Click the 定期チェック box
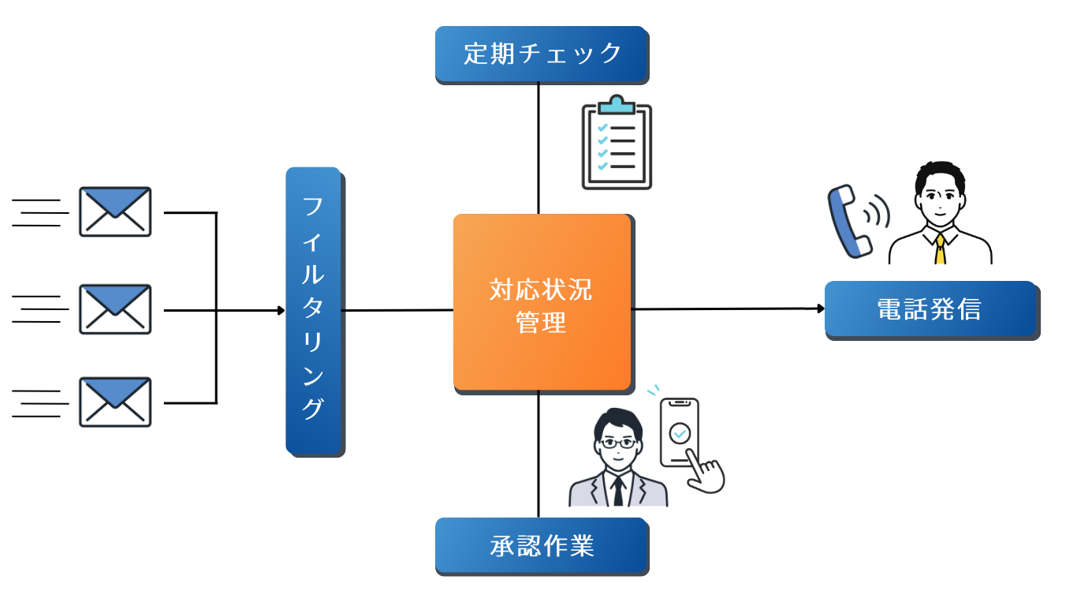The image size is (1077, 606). click(x=542, y=54)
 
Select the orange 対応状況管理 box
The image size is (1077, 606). click(x=542, y=302)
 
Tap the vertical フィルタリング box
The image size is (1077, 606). click(x=313, y=310)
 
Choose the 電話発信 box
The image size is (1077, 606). click(x=930, y=309)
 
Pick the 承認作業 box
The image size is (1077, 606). click(x=542, y=545)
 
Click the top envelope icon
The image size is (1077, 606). click(x=115, y=211)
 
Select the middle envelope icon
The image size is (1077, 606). click(x=115, y=309)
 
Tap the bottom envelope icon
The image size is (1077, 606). click(x=115, y=402)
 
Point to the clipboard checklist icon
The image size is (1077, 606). click(x=617, y=146)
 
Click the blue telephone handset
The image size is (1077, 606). click(x=848, y=221)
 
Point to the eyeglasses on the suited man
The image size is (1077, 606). click(x=617, y=443)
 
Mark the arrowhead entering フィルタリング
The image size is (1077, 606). click(x=281, y=310)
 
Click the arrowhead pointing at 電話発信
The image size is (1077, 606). click(x=820, y=309)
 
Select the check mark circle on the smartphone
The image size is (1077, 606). click(x=679, y=432)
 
